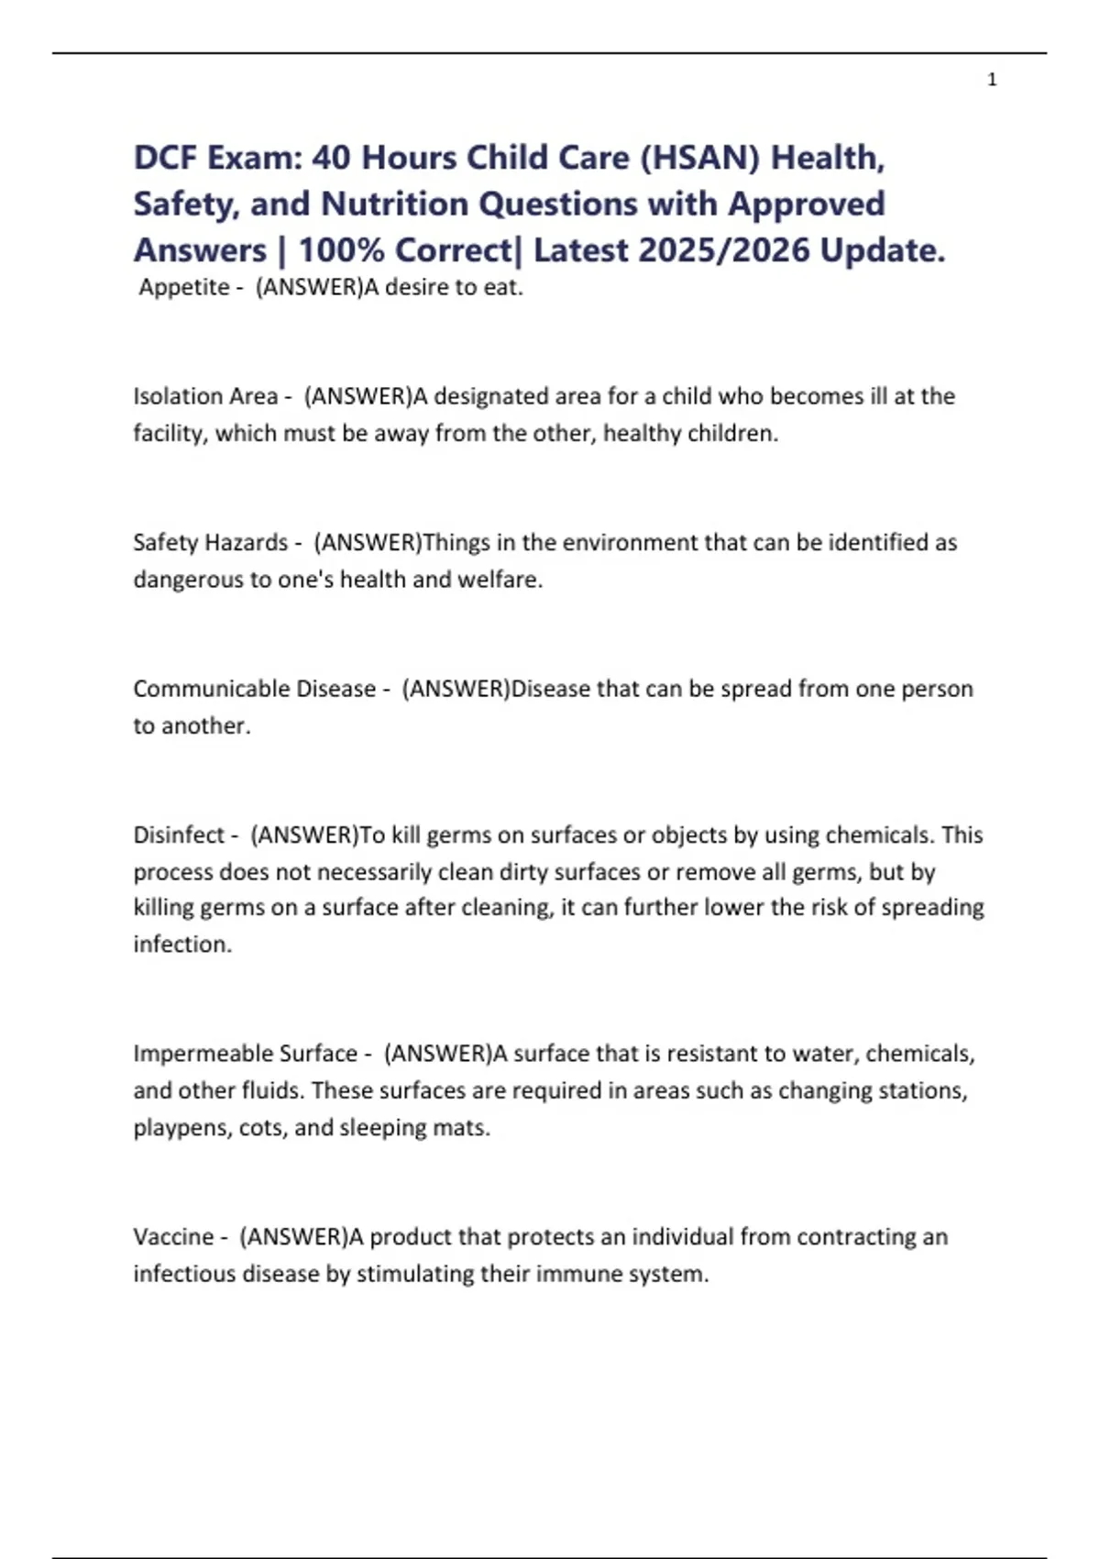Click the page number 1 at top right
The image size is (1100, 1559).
coord(992,80)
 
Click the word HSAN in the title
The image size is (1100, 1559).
coord(699,158)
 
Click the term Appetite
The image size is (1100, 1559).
coord(184,287)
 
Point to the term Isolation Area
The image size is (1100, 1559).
coord(205,396)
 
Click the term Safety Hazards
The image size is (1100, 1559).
coord(211,542)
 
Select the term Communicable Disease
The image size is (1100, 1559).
coord(255,689)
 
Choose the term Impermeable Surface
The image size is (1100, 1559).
coord(245,1053)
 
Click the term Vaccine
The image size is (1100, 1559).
coord(173,1236)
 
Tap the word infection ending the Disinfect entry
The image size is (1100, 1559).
coord(181,944)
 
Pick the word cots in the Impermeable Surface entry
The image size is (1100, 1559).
coord(260,1127)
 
